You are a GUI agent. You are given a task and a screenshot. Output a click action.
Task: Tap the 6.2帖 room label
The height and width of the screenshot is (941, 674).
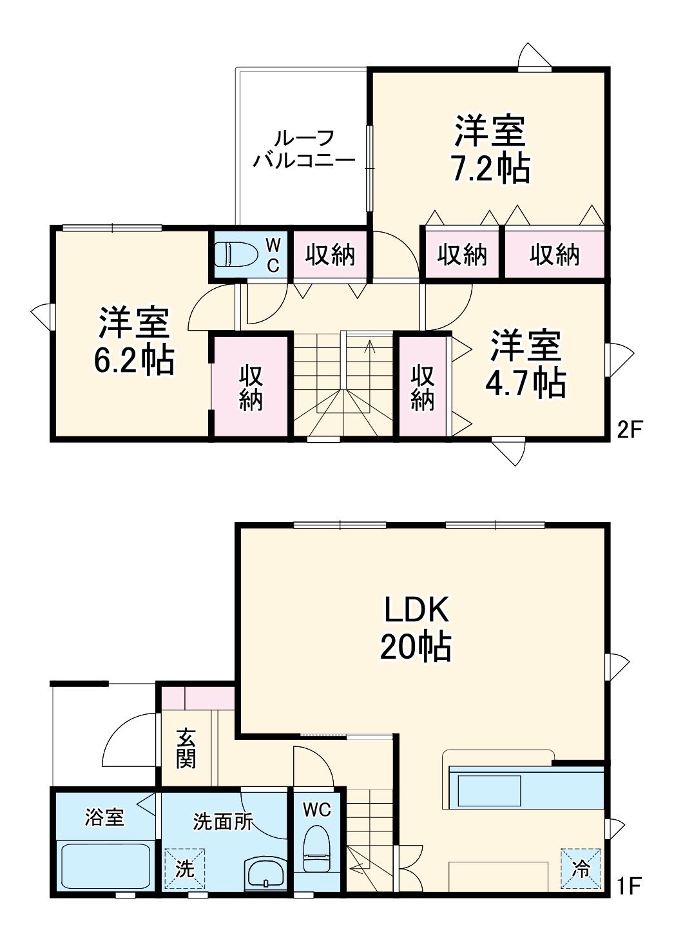pyautogui.click(x=134, y=342)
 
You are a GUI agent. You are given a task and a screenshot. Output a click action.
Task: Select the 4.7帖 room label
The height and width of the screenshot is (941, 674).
pyautogui.click(x=526, y=364)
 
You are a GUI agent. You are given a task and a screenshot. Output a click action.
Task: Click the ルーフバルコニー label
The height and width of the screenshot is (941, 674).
pyautogui.click(x=303, y=149)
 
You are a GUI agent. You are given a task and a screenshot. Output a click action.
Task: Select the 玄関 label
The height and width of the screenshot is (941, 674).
pyautogui.click(x=187, y=748)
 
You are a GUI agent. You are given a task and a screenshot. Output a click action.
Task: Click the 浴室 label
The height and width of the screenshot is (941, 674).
pyautogui.click(x=104, y=817)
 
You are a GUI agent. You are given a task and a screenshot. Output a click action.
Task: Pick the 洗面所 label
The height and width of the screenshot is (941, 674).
pyautogui.click(x=223, y=822)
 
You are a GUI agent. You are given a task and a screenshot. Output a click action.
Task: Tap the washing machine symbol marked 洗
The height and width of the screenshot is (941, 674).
pyautogui.click(x=184, y=868)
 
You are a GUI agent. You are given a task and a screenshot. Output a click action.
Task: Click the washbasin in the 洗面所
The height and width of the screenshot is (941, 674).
pyautogui.click(x=265, y=873)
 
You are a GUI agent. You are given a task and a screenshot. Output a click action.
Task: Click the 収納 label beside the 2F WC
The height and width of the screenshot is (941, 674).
pyautogui.click(x=330, y=255)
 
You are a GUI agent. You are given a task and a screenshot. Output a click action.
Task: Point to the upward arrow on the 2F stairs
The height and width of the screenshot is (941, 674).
pyautogui.click(x=370, y=346)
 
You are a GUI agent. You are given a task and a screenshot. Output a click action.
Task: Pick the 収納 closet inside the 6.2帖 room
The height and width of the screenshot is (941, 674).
pyautogui.click(x=251, y=387)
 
